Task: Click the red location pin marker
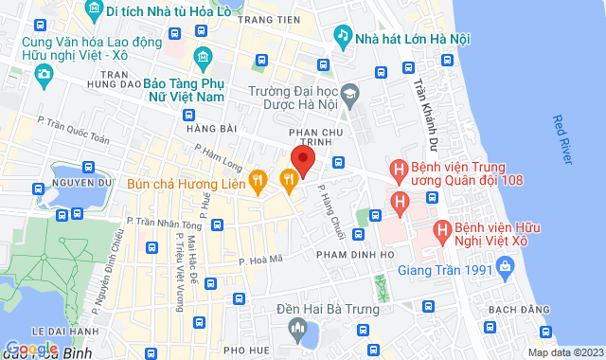(302, 159)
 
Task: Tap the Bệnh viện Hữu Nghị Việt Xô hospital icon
(441, 230)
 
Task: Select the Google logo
(32, 349)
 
